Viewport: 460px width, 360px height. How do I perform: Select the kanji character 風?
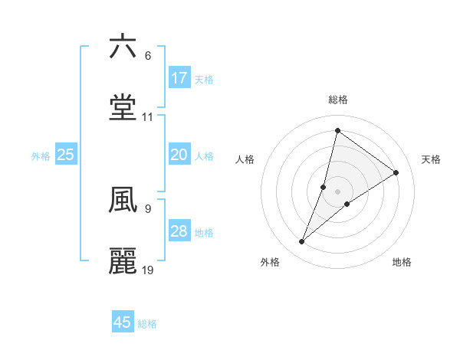click(123, 200)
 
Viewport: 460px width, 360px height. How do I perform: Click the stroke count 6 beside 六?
click(147, 56)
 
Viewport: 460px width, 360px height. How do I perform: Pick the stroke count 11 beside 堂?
click(148, 118)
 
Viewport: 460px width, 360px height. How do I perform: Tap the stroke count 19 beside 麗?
click(148, 270)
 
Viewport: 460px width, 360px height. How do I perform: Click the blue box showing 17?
click(179, 78)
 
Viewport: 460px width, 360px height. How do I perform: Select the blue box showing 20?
click(179, 155)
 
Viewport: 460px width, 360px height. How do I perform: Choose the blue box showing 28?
click(179, 231)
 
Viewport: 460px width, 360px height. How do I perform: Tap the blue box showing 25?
click(66, 155)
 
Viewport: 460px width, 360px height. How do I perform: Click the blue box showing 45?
click(123, 322)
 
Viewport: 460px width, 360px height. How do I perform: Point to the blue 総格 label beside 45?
click(147, 324)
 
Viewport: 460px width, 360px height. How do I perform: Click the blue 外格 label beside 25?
click(41, 156)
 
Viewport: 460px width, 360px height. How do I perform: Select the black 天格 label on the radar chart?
click(431, 159)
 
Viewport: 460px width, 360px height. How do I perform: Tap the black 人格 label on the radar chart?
click(245, 159)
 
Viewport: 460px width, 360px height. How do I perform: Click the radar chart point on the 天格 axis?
click(396, 172)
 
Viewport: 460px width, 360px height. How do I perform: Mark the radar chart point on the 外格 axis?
click(302, 242)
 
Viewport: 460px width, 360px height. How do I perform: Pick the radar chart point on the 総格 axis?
click(337, 130)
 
